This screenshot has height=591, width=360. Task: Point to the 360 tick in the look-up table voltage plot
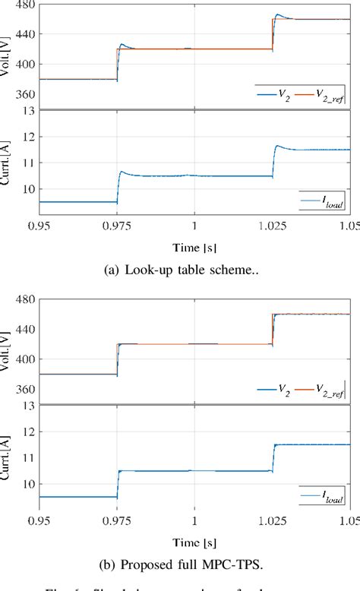(x=25, y=95)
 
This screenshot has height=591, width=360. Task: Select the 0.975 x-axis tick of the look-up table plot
(x=117, y=225)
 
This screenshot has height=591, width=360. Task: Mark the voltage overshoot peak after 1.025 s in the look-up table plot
(x=278, y=14)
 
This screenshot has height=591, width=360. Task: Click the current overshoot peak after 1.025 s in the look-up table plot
(x=278, y=146)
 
